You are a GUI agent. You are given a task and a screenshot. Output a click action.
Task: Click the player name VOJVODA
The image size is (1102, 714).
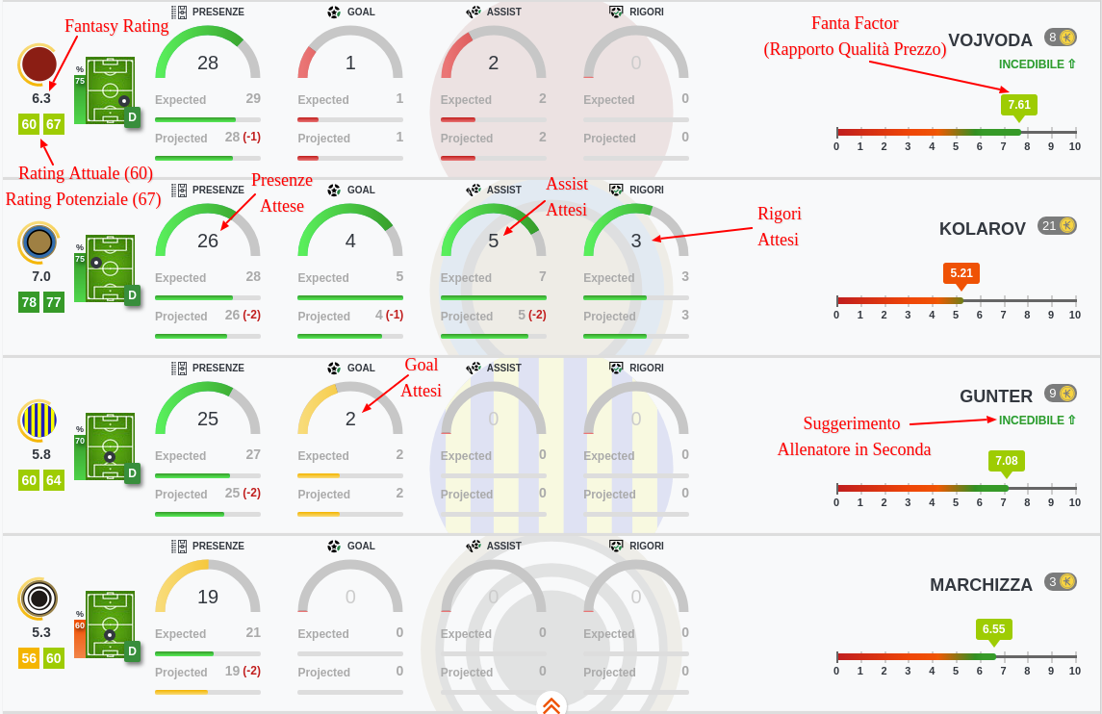click(989, 39)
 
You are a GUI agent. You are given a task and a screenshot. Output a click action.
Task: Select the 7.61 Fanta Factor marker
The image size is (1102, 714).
click(1019, 105)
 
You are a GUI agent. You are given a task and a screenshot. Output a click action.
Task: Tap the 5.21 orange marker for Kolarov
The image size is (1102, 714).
click(961, 273)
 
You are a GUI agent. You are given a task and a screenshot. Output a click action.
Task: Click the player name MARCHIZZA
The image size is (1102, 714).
click(981, 584)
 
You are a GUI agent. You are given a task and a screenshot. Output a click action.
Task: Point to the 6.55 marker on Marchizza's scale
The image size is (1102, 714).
click(993, 629)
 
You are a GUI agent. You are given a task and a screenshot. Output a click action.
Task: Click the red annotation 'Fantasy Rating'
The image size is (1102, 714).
click(116, 26)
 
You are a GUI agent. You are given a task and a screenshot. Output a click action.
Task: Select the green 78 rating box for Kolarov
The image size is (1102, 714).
click(30, 302)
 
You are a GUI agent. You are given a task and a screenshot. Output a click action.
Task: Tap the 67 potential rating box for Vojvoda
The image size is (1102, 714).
click(54, 124)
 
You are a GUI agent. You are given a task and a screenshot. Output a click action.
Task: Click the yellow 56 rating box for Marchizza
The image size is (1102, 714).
click(30, 658)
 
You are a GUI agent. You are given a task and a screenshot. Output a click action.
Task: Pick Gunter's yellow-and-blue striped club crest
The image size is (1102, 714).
click(38, 421)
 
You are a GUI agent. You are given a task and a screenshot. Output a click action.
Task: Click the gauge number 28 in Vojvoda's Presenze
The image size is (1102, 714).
click(208, 63)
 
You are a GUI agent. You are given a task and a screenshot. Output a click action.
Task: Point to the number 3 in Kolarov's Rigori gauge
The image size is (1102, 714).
click(636, 241)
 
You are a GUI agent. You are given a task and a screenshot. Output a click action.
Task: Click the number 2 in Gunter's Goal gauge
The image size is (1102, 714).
click(350, 419)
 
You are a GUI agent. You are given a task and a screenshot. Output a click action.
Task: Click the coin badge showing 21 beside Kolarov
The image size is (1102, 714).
click(1058, 226)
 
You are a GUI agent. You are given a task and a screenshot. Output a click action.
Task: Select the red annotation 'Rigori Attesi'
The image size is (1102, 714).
click(779, 226)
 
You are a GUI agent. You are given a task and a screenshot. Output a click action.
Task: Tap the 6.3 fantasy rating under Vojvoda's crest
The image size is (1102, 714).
click(41, 98)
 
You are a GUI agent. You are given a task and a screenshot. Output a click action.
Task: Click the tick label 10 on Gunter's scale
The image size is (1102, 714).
click(1074, 502)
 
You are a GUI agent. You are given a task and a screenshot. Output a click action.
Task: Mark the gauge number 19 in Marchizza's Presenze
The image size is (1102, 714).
click(208, 597)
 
